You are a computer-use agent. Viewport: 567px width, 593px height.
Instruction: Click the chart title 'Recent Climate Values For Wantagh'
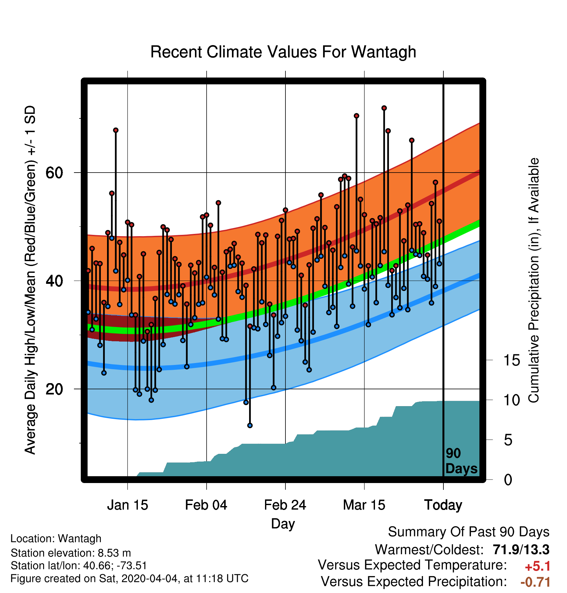point(283,52)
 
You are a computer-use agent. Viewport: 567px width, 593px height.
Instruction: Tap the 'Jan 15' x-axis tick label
point(127,505)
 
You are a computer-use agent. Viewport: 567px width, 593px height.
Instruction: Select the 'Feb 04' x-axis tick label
point(206,505)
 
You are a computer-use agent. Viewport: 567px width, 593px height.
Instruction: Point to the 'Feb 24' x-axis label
point(285,505)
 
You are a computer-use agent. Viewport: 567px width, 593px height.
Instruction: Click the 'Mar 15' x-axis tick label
point(364,505)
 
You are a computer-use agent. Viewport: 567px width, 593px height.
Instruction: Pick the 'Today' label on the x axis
point(443,505)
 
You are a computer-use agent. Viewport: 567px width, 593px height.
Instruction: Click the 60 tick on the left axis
point(54,173)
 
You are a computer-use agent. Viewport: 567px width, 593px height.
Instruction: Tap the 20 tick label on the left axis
point(54,389)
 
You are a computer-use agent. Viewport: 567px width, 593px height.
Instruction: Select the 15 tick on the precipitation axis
point(512,360)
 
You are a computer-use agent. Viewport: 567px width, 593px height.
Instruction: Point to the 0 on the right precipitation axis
point(508,479)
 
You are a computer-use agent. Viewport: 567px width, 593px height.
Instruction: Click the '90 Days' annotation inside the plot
point(461,461)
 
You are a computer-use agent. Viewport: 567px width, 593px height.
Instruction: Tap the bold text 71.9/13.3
point(521,550)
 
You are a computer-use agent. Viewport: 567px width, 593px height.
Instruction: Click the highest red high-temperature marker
point(384,108)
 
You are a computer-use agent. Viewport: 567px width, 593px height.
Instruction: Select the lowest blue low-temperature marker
point(250,425)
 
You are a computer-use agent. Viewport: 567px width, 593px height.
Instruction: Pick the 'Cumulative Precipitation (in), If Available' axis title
point(534,280)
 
